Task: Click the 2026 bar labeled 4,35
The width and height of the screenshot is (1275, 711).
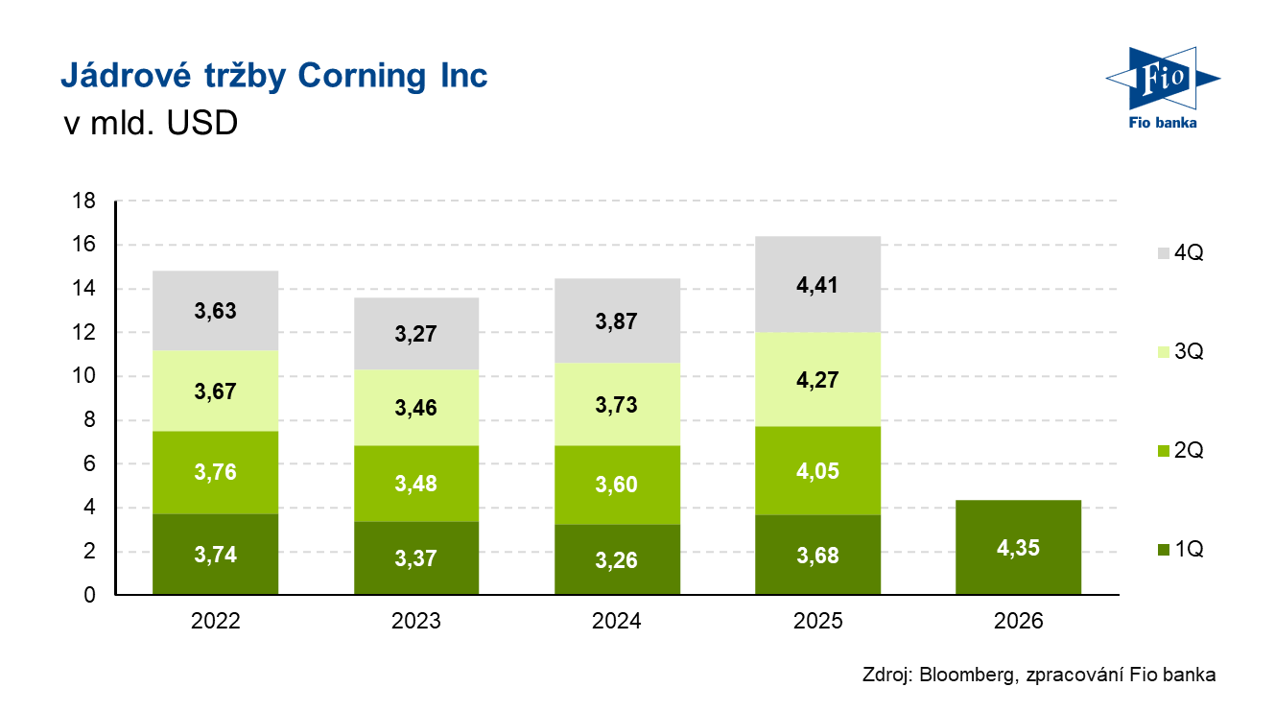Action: point(1018,548)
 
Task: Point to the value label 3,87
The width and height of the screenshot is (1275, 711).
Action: point(617,321)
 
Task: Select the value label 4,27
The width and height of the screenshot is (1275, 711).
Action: point(817,379)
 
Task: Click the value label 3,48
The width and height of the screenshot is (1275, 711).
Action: point(416,483)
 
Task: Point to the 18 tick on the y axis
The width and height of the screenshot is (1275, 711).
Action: point(84,201)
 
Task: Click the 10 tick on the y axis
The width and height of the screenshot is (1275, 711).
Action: point(84,377)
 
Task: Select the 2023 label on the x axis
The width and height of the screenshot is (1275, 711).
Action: point(416,621)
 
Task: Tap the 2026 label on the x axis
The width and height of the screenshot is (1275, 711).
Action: point(1018,621)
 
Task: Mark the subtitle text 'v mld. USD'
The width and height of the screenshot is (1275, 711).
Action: point(150,124)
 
